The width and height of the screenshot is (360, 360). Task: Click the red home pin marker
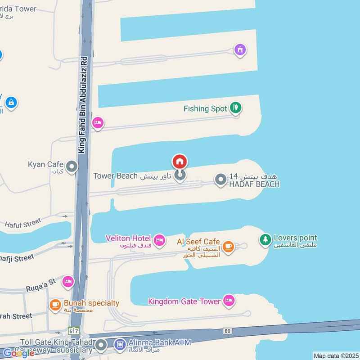(180, 162)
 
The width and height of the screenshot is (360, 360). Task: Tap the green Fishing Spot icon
(235, 108)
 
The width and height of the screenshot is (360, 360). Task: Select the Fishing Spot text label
(205, 109)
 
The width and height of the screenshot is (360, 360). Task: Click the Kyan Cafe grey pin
(72, 167)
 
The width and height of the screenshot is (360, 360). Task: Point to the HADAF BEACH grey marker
(220, 180)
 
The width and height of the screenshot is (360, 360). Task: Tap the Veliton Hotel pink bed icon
(159, 240)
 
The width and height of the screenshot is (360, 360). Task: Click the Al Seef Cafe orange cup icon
(228, 246)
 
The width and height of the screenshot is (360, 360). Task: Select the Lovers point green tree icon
(265, 240)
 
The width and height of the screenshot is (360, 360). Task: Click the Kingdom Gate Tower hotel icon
(229, 301)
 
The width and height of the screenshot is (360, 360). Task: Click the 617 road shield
(74, 330)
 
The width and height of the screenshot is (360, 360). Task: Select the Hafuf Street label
(22, 223)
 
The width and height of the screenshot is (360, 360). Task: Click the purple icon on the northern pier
(240, 49)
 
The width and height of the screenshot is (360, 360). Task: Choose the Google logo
(19, 353)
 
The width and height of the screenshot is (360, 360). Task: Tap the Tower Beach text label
(115, 175)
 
